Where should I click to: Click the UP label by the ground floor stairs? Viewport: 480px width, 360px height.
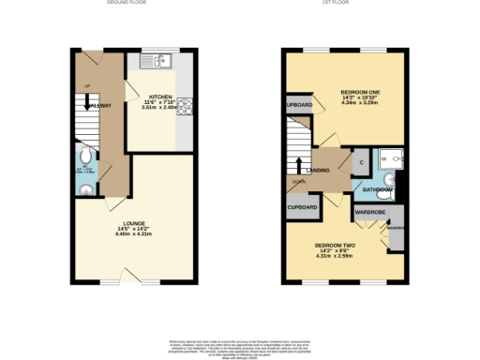tap(87, 86)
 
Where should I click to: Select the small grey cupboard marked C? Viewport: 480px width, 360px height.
tap(361, 162)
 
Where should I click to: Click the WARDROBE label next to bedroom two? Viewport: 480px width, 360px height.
tap(367, 213)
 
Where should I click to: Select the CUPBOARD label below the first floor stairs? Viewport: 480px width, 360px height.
tap(302, 206)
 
